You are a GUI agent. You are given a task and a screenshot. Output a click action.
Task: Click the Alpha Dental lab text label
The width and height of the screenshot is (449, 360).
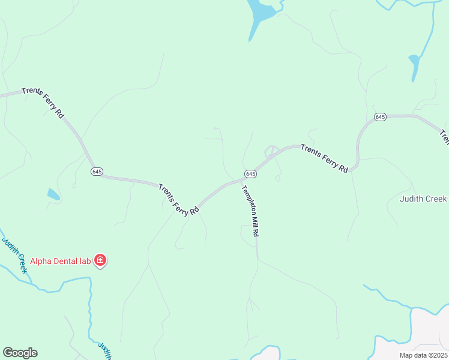click(x=60, y=261)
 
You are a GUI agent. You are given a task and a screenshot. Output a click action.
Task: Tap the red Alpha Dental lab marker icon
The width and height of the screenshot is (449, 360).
click(x=100, y=260)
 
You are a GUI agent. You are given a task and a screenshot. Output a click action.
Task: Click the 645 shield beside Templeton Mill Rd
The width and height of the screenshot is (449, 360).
click(x=251, y=174)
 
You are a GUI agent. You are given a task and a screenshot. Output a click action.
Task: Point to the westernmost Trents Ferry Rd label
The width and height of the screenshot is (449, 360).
click(x=43, y=103)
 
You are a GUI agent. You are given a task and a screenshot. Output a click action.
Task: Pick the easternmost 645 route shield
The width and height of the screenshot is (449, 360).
click(x=379, y=117)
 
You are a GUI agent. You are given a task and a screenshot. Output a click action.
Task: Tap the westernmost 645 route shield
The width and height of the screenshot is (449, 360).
click(x=97, y=172)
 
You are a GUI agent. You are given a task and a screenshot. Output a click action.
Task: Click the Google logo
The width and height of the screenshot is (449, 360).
click(x=20, y=353)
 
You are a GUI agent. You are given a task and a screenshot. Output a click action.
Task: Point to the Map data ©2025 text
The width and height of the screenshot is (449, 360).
click(x=424, y=355)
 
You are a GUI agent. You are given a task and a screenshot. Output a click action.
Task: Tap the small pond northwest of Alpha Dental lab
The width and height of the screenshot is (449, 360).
click(x=53, y=194)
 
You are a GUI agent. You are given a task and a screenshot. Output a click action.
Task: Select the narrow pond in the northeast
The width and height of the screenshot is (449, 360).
click(x=414, y=66)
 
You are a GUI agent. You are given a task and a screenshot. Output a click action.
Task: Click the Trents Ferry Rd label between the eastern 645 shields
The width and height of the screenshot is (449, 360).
click(x=324, y=158)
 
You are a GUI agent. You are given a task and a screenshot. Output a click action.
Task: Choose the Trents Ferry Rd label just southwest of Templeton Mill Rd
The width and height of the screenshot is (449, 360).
click(x=179, y=199)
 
